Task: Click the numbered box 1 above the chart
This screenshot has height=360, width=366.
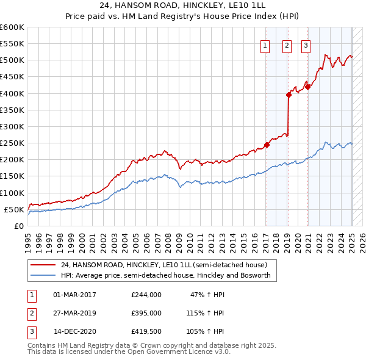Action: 266,45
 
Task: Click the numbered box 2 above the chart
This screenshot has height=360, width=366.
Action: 287,45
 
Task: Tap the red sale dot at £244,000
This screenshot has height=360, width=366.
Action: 267,145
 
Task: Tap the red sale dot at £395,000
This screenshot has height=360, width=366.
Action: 289,95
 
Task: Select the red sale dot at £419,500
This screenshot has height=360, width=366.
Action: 308,87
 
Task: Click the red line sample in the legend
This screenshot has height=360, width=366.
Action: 43,265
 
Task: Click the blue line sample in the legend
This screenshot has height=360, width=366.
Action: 43,275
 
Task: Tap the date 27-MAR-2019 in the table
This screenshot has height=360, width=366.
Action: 74,313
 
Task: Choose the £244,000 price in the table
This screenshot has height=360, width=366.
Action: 146,295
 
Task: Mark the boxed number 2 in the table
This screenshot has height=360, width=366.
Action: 30,313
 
